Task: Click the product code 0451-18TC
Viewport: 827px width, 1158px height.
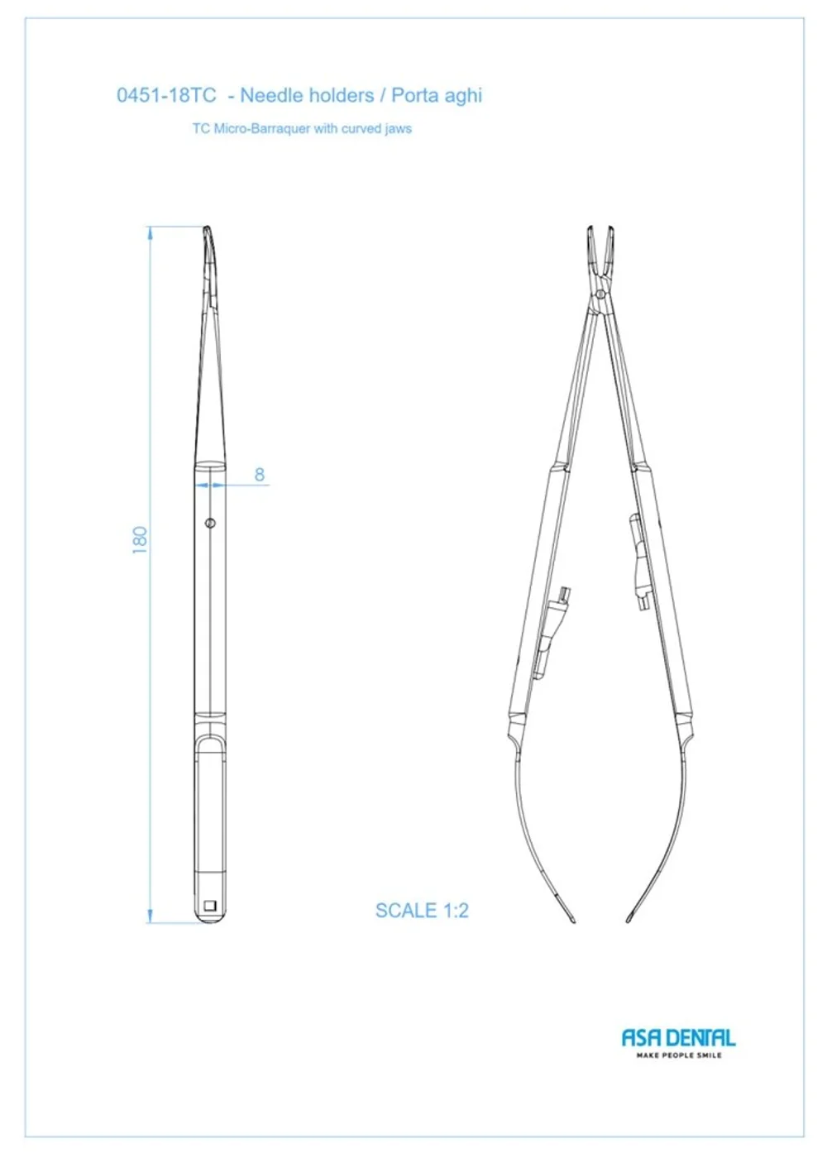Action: [x=166, y=95]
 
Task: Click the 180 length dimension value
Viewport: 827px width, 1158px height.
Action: [x=140, y=540]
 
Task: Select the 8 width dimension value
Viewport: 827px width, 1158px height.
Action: [x=260, y=475]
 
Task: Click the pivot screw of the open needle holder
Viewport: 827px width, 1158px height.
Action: [x=600, y=294]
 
